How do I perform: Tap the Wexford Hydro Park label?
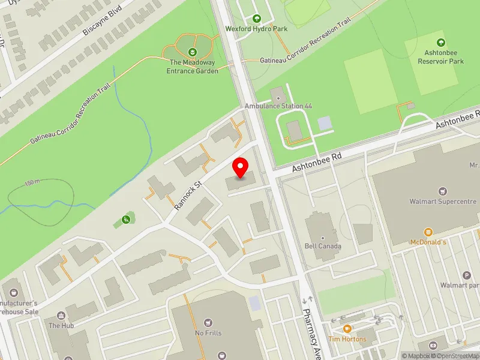click(256, 28)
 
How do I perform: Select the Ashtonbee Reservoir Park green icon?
click(441, 42)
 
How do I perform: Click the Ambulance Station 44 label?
click(278, 106)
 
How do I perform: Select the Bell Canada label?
click(323, 246)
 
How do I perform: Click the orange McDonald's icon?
click(428, 232)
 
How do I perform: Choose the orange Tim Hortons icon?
click(347, 328)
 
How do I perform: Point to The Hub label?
click(61, 325)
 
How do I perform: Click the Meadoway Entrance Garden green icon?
click(192, 52)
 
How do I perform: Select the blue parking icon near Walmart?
click(466, 275)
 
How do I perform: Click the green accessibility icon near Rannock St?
click(125, 219)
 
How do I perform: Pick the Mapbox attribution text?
click(415, 356)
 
